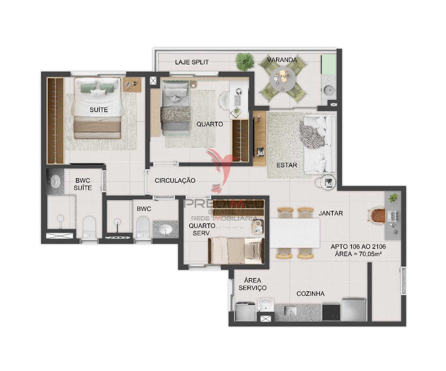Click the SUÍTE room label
tap(99, 110)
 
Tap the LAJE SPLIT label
tap(192, 62)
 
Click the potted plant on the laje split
tap(244, 62)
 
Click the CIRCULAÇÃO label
tap(175, 180)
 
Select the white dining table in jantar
tap(295, 233)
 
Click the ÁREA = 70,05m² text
tap(358, 254)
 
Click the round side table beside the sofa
tap(327, 182)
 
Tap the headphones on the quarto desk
tap(239, 92)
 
